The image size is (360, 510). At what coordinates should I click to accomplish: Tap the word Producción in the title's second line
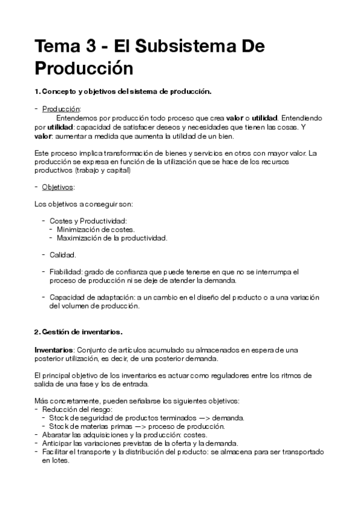click(x=84, y=68)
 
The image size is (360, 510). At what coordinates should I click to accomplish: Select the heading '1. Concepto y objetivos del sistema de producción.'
click(x=123, y=91)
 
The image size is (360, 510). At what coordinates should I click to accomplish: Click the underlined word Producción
click(x=61, y=109)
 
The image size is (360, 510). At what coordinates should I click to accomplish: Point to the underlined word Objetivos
click(x=58, y=187)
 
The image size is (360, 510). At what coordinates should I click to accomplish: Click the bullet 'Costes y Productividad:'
click(x=88, y=221)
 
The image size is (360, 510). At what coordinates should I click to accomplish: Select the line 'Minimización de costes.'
click(x=96, y=230)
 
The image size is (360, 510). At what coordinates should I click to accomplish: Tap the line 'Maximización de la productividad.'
click(x=112, y=238)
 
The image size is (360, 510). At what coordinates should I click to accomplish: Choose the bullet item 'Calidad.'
click(x=63, y=255)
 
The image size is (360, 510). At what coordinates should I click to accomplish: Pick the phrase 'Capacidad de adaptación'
click(x=91, y=297)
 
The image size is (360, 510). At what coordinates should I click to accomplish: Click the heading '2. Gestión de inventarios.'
click(x=79, y=331)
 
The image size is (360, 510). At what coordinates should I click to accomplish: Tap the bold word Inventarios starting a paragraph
click(x=53, y=349)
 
